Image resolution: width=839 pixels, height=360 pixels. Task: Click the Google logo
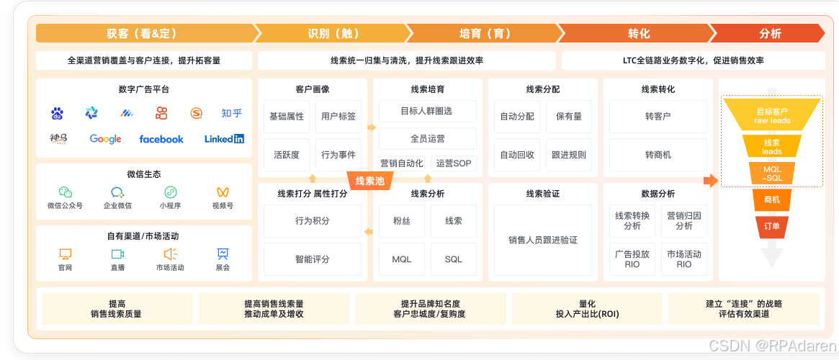point(105,139)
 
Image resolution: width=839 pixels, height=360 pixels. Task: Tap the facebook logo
point(161,139)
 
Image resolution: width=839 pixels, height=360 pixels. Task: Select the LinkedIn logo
point(224,139)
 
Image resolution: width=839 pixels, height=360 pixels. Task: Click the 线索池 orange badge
point(370,181)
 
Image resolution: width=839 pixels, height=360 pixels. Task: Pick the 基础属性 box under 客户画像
point(287,116)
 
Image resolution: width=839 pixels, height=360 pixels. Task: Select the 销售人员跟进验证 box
point(542,240)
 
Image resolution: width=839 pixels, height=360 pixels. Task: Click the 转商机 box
point(658,155)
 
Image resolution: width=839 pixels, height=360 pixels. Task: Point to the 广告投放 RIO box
point(632,259)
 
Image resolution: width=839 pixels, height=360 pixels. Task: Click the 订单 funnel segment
point(771,226)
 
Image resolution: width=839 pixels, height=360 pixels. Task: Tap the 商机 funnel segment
point(771,199)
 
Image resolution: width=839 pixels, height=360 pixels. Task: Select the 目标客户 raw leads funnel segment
point(772,115)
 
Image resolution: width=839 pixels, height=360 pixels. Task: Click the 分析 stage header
point(769,33)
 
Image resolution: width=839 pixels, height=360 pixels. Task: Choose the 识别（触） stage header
point(333,33)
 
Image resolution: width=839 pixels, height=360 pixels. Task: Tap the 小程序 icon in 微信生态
point(171,192)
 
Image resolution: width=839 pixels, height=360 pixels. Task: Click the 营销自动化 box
point(401,163)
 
